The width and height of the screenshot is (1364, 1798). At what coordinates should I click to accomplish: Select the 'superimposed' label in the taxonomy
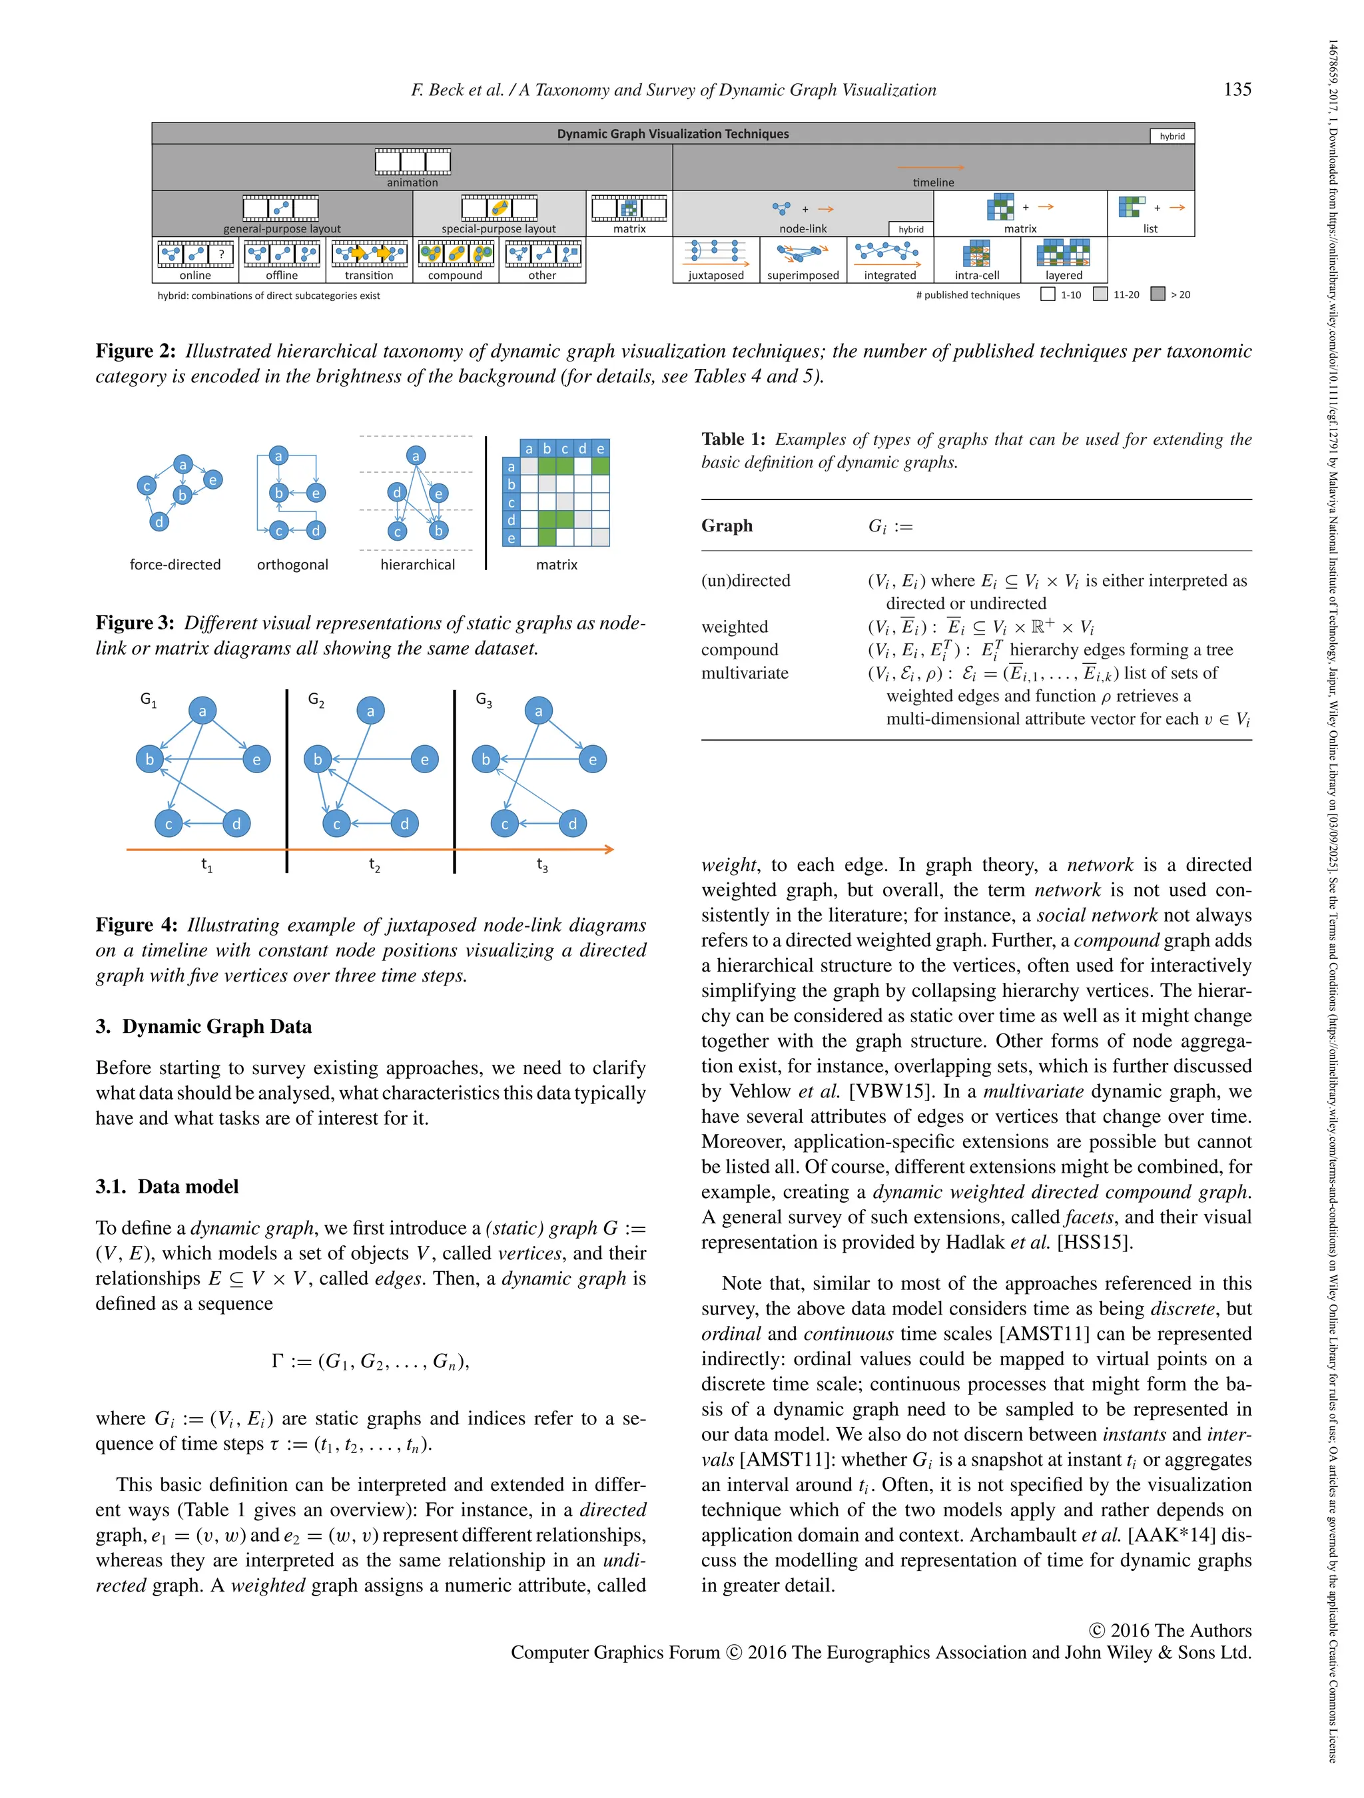point(803,276)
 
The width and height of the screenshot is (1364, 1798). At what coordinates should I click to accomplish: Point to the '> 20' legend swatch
point(1158,294)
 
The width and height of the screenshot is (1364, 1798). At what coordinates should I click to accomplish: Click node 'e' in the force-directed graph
point(212,479)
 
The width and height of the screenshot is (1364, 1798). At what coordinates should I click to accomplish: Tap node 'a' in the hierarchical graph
point(416,455)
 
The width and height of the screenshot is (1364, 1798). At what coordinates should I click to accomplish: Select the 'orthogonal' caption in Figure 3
point(292,564)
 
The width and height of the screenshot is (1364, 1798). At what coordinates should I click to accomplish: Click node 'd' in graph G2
point(404,823)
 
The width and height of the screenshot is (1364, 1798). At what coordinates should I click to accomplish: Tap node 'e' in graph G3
point(593,759)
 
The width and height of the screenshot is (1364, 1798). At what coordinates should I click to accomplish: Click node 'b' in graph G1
point(150,759)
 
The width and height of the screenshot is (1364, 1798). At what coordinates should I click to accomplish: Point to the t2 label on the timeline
point(374,866)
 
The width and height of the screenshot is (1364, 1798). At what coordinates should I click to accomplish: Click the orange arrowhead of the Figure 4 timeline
point(609,850)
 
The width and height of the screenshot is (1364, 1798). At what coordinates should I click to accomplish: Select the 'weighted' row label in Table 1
point(734,627)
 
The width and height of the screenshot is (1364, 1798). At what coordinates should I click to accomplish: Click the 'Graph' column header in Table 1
point(727,526)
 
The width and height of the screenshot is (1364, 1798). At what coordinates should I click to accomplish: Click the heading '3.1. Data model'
point(167,1186)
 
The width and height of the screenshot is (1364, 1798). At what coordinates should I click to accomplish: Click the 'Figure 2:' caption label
point(135,351)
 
